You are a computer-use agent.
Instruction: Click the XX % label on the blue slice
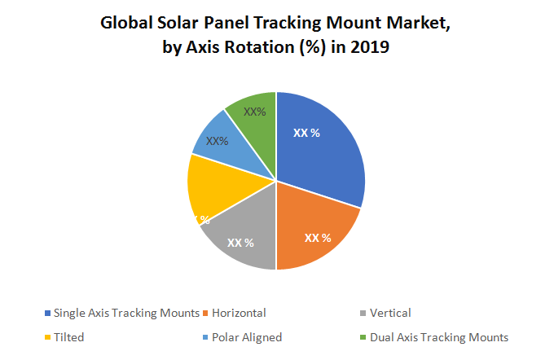click(306, 133)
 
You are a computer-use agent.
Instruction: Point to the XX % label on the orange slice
click(318, 238)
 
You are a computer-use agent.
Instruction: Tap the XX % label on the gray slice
click(240, 243)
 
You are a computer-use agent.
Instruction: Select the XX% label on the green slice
click(255, 112)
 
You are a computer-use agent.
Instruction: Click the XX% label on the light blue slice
click(217, 141)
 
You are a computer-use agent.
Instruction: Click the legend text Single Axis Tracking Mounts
click(126, 313)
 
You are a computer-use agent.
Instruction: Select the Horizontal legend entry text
click(240, 313)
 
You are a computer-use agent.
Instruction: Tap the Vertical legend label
click(390, 313)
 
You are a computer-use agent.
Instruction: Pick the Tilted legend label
click(69, 336)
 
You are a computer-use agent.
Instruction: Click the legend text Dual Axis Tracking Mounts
click(439, 336)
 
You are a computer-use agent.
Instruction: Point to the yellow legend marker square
click(48, 336)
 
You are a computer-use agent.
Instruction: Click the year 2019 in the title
click(369, 48)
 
